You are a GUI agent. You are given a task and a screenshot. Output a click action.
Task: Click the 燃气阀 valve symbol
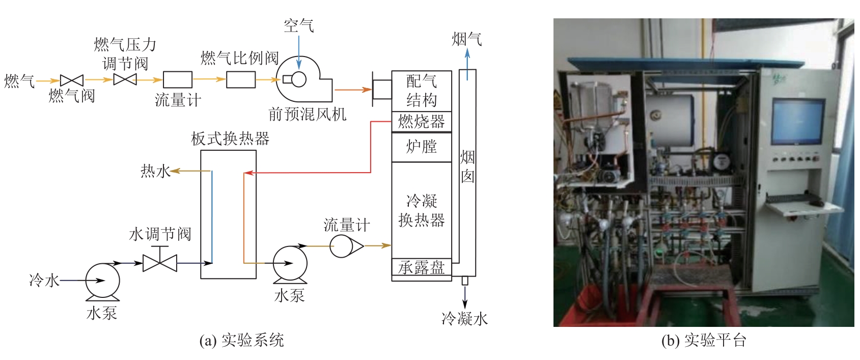pyautogui.click(x=72, y=80)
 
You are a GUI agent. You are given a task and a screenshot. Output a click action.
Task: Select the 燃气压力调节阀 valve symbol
pyautogui.click(x=125, y=79)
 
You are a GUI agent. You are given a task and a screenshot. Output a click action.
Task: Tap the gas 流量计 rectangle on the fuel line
pyautogui.click(x=177, y=80)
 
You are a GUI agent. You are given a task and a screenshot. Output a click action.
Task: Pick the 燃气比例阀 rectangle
pyautogui.click(x=241, y=80)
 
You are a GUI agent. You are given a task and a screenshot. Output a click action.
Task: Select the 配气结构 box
pyautogui.click(x=422, y=91)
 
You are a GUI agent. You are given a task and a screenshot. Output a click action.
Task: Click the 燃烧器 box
pyautogui.click(x=422, y=121)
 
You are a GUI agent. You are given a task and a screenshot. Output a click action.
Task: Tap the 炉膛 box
pyautogui.click(x=422, y=147)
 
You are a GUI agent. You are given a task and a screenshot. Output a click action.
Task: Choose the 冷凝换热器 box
pyautogui.click(x=422, y=210)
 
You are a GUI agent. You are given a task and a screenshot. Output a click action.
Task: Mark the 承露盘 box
pyautogui.click(x=422, y=267)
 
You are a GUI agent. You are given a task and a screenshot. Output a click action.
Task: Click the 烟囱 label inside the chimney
pyautogui.click(x=467, y=167)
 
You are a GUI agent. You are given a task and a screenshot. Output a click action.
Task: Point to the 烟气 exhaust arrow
pyautogui.click(x=467, y=59)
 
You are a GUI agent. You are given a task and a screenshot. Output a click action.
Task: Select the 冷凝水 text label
pyautogui.click(x=464, y=319)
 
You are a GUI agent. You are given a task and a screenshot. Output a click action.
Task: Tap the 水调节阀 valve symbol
pyautogui.click(x=160, y=263)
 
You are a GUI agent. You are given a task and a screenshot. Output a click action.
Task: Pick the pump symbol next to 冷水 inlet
pyautogui.click(x=102, y=281)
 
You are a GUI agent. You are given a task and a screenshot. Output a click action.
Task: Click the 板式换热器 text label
pyautogui.click(x=230, y=139)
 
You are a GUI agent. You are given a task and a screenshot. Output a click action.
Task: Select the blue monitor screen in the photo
pyautogui.click(x=797, y=121)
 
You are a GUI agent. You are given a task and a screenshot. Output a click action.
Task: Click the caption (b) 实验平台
pyautogui.click(x=704, y=340)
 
